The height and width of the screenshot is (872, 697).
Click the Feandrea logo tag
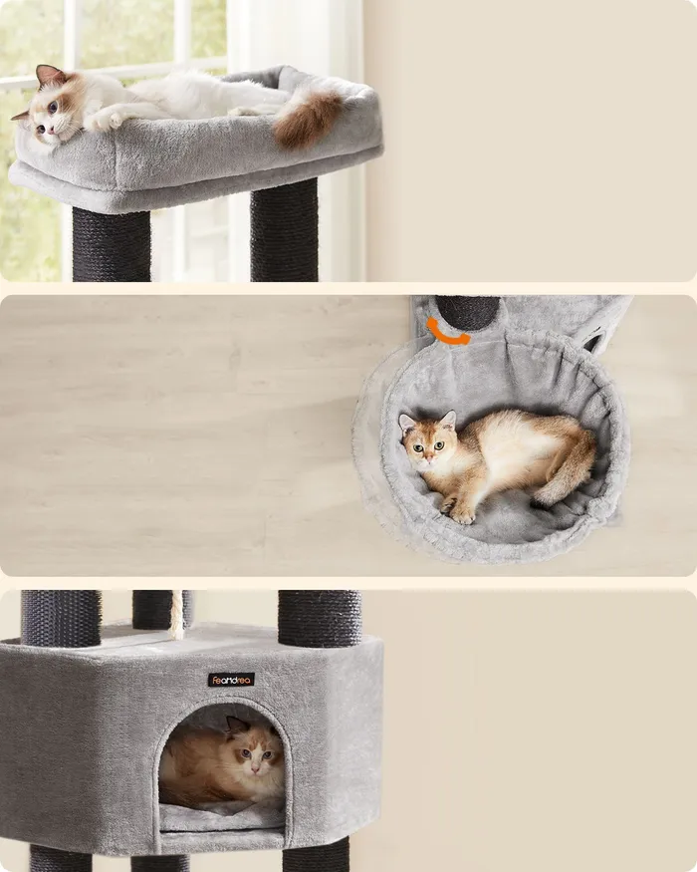(231, 679)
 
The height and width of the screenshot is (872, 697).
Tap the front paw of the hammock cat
(464, 515)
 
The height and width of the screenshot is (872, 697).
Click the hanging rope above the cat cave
(177, 615)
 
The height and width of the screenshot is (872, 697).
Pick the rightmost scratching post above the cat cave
(319, 618)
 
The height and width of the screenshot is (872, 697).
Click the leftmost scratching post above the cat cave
(61, 618)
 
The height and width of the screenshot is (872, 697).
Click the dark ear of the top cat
(49, 75)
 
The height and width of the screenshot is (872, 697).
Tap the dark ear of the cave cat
(236, 726)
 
